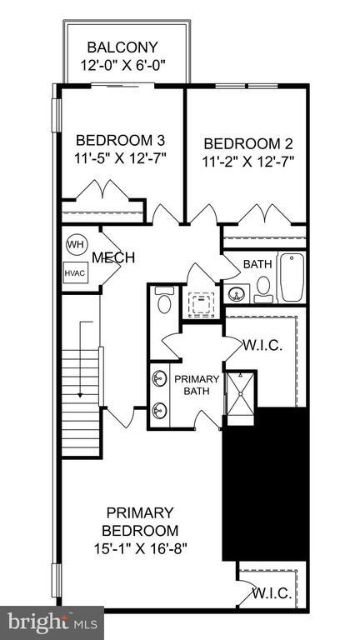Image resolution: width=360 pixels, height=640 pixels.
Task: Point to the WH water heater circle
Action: point(75,245)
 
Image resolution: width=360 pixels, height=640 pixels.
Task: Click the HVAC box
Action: point(75,272)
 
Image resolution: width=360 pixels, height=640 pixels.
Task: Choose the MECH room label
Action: point(113,257)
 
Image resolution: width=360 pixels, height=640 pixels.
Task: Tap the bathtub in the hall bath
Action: point(292,277)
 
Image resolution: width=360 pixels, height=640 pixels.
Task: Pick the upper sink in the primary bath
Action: point(159,380)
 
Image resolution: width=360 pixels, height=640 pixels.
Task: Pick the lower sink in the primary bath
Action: point(159,410)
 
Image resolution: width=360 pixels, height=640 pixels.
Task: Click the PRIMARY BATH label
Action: point(197,387)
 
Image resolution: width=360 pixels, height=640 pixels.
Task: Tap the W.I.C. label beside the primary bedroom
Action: point(272,592)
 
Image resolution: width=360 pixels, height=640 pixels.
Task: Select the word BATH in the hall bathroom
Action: point(257,264)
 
